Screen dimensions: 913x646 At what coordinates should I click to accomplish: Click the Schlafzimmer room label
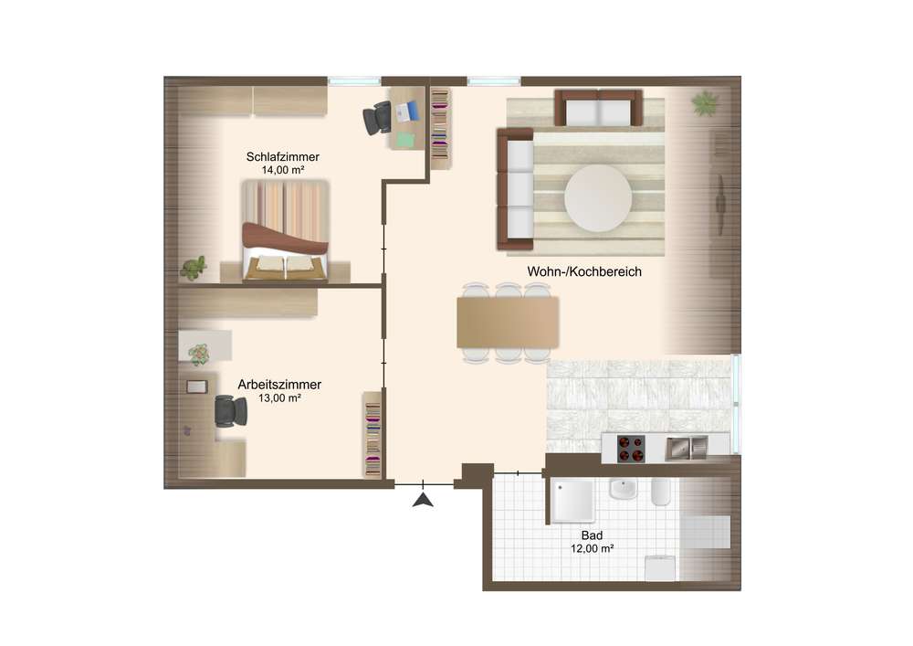(282, 156)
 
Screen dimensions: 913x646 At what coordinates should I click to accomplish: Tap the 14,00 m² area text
(282, 170)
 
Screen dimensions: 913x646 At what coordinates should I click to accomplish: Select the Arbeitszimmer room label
(279, 385)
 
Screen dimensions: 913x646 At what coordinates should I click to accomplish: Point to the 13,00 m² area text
(279, 397)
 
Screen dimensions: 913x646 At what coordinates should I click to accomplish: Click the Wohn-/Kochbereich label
(584, 271)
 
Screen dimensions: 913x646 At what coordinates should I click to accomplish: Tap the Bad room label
(592, 535)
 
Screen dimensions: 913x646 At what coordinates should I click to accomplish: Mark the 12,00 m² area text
(592, 549)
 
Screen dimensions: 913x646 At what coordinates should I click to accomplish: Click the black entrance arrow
(423, 500)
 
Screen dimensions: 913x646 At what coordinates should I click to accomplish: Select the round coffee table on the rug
(598, 198)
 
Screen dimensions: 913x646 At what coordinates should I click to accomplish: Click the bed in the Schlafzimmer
(285, 230)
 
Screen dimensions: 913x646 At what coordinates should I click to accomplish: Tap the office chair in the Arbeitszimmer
(231, 410)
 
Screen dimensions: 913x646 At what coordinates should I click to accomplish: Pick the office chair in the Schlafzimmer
(378, 118)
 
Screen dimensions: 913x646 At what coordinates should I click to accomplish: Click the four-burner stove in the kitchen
(631, 449)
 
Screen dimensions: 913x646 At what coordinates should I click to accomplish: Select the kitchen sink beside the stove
(687, 448)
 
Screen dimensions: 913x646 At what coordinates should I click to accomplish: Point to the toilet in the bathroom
(661, 492)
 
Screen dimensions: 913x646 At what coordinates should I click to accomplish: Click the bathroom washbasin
(624, 489)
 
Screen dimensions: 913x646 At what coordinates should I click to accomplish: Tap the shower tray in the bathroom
(573, 501)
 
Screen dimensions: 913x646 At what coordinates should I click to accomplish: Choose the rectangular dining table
(508, 323)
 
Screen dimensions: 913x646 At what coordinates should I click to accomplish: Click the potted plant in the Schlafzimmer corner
(194, 268)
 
